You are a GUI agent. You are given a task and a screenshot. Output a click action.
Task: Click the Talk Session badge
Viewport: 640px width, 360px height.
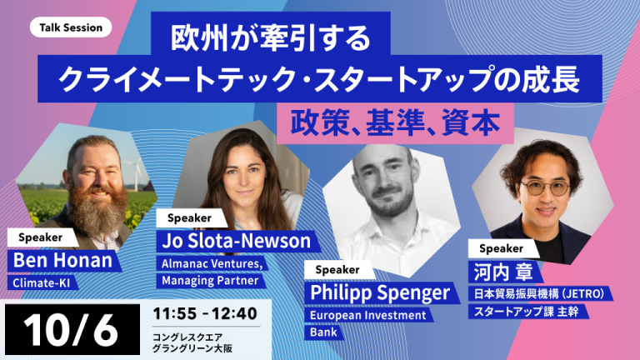[x=71, y=27]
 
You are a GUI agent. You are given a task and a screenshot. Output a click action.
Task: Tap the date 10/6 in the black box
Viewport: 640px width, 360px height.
[x=71, y=330]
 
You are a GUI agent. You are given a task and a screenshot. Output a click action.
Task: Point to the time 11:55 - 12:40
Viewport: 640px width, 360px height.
[x=205, y=313]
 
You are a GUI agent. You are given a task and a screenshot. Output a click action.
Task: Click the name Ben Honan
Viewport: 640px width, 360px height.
[x=62, y=260]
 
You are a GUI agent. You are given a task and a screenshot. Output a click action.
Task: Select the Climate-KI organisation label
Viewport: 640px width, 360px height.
[x=41, y=282]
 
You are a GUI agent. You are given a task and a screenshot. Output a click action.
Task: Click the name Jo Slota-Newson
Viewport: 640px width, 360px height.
[x=237, y=241]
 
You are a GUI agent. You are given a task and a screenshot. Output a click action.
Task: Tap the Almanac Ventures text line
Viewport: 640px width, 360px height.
[x=212, y=263]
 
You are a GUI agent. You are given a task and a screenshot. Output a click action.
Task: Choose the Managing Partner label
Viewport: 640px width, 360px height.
[x=210, y=280]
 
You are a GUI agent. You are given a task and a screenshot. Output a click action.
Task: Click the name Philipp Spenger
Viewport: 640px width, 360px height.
[x=380, y=292]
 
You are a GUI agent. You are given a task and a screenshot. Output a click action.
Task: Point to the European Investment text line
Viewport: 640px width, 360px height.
[x=368, y=315]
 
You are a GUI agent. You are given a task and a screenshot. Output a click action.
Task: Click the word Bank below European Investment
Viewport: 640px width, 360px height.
[x=323, y=332]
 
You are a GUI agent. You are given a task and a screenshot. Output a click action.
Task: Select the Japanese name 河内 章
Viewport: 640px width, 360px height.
[x=503, y=272]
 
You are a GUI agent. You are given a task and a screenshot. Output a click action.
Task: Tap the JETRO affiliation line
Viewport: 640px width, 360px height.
[x=539, y=294]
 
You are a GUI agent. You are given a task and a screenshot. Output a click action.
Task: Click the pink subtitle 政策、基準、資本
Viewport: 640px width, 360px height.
[x=395, y=123]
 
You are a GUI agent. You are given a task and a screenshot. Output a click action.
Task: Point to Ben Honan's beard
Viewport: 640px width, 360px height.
[x=97, y=212]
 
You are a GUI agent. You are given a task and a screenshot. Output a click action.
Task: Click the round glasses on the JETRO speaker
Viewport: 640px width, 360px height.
[x=545, y=187]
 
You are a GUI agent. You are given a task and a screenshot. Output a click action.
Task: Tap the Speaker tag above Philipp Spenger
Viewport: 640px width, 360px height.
[x=337, y=270]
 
